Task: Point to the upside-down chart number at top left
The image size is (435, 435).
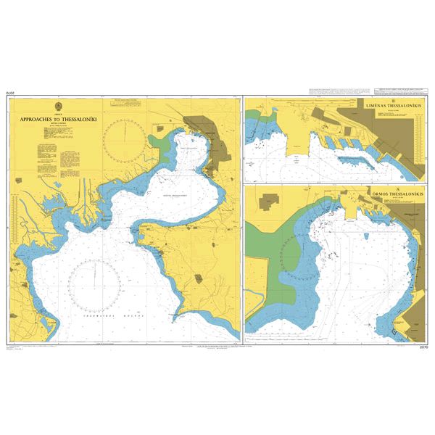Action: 10,94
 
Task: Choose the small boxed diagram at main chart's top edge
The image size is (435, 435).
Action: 117,104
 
